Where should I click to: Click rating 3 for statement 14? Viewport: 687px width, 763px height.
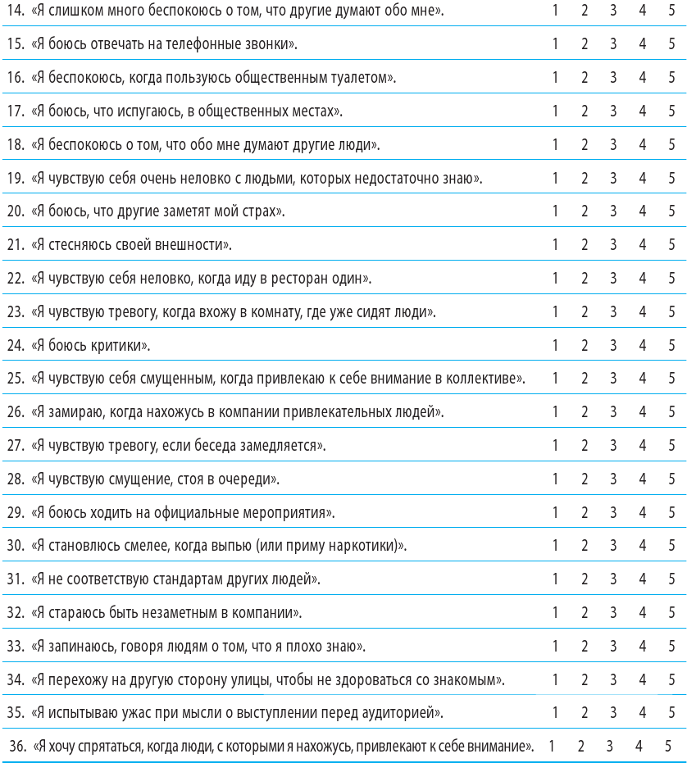pyautogui.click(x=613, y=11)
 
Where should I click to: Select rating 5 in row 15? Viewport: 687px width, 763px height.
pyautogui.click(x=671, y=44)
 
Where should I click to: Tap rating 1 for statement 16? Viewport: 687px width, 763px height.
pyautogui.click(x=555, y=78)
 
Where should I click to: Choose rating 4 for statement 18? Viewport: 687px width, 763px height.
pyautogui.click(x=643, y=144)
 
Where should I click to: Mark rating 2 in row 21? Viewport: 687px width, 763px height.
pyautogui.click(x=585, y=245)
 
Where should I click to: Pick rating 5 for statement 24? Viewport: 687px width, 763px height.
pyautogui.click(x=671, y=345)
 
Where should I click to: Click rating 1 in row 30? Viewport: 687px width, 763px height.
pyautogui.click(x=555, y=546)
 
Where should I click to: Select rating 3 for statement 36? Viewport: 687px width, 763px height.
pyautogui.click(x=610, y=747)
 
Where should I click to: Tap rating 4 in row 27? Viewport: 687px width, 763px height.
pyautogui.click(x=643, y=446)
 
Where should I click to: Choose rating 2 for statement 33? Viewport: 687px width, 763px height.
pyautogui.click(x=585, y=647)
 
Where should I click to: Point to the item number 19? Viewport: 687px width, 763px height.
pyautogui.click(x=14, y=178)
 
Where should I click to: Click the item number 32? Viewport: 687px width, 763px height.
pyautogui.click(x=14, y=613)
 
